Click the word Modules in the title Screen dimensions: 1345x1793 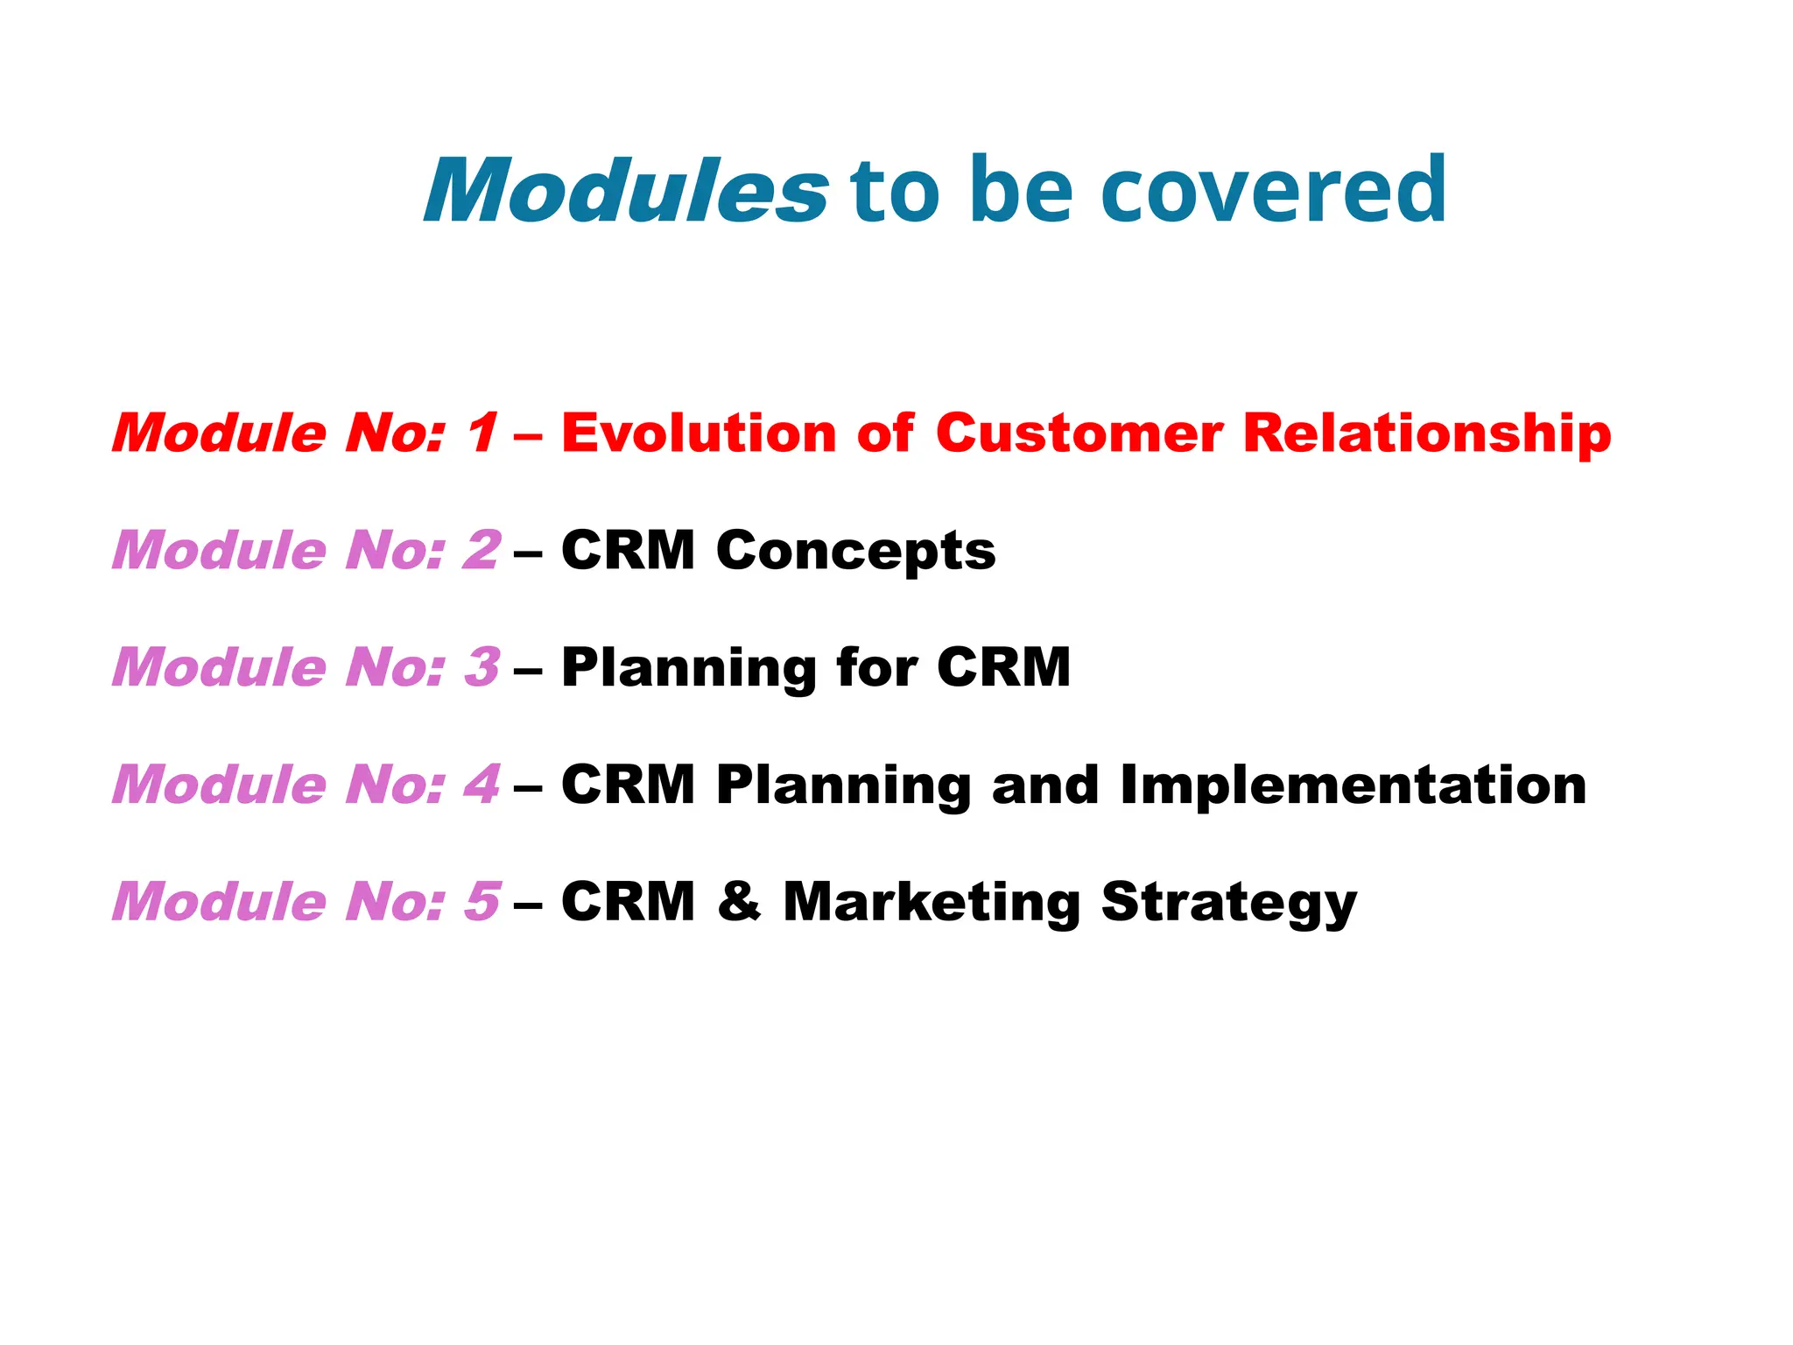[x=625, y=190]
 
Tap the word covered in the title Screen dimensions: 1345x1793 [x=1273, y=190]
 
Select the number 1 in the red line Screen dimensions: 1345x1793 [x=482, y=433]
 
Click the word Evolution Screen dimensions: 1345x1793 [x=698, y=433]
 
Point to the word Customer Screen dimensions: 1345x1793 [x=1079, y=433]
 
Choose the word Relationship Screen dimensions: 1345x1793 [x=1426, y=434]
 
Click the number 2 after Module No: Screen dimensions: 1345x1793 [x=482, y=550]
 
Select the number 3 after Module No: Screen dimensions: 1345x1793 [x=482, y=667]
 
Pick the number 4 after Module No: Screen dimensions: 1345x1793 [x=482, y=784]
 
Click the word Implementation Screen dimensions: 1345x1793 [x=1353, y=785]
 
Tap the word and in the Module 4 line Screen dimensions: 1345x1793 [x=1044, y=784]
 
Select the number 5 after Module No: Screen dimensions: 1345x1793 [x=482, y=901]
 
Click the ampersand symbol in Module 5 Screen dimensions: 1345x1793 [x=739, y=901]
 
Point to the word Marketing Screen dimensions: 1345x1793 [x=932, y=903]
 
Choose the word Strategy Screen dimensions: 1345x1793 [x=1228, y=903]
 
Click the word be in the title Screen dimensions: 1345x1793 [x=1021, y=190]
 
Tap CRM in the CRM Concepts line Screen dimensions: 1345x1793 [x=628, y=550]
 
